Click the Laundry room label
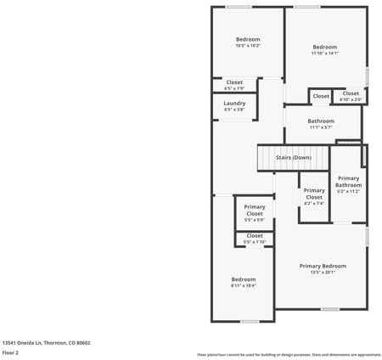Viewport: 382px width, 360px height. point(235,103)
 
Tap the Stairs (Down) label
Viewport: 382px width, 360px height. point(294,158)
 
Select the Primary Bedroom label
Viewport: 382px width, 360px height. point(323,266)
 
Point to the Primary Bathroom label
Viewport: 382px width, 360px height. point(348,182)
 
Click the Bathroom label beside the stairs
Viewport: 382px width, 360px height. point(321,121)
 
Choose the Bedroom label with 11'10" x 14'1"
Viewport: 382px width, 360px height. point(325,47)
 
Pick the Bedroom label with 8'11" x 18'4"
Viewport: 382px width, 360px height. point(244,278)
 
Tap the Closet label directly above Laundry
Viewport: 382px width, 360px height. point(234,82)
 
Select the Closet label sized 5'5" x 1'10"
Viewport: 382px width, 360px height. point(255,235)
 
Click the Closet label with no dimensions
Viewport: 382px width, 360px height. point(321,97)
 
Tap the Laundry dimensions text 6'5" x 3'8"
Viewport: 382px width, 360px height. point(235,110)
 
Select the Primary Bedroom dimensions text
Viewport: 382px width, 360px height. point(323,273)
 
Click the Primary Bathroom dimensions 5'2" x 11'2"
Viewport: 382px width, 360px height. point(348,192)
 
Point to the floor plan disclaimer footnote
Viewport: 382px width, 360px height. point(289,354)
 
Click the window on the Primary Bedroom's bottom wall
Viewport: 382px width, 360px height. point(330,309)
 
